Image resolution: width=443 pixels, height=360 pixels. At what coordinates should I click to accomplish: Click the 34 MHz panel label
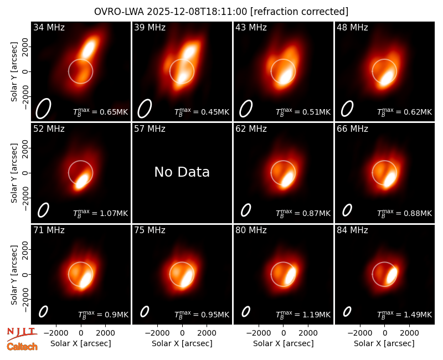coord(49,27)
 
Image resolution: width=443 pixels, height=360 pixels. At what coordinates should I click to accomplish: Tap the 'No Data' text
coord(182,172)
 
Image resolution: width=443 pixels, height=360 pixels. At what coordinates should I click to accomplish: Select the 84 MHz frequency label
coord(352,230)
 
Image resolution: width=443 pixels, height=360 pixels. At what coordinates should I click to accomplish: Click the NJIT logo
coord(22,334)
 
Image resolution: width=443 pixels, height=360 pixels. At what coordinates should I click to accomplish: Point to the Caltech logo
coord(22,347)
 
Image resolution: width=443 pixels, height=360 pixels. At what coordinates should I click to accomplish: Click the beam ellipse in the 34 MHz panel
coord(43,109)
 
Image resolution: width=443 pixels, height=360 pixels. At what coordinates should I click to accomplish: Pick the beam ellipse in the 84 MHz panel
coord(347,312)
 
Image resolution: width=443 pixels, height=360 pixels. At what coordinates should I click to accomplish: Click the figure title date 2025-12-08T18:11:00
coord(197,12)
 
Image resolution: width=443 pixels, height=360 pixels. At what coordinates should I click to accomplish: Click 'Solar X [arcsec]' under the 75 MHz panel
coord(182,343)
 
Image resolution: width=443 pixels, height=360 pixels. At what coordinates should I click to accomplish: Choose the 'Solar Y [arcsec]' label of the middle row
coord(14,173)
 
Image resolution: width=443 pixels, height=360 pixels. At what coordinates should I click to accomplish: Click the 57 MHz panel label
coord(150,129)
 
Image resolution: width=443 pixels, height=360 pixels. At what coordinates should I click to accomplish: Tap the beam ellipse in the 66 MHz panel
coord(347,210)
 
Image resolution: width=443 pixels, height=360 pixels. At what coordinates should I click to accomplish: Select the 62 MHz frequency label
coord(251,129)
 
